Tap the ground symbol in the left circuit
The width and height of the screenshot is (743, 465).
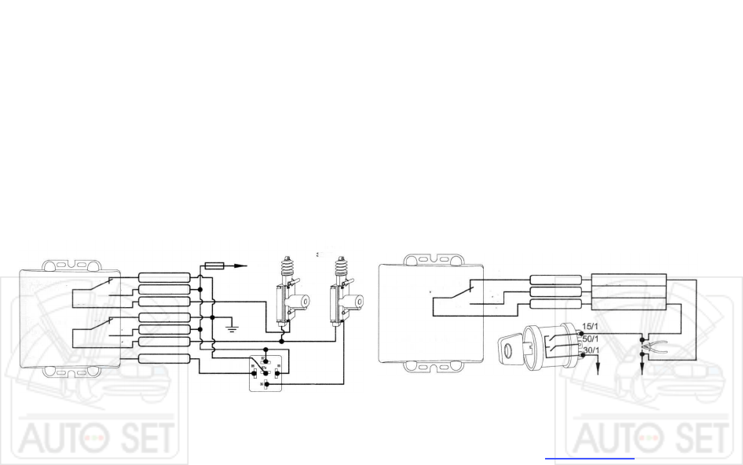(232, 324)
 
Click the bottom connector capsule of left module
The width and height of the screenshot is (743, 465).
(164, 359)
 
